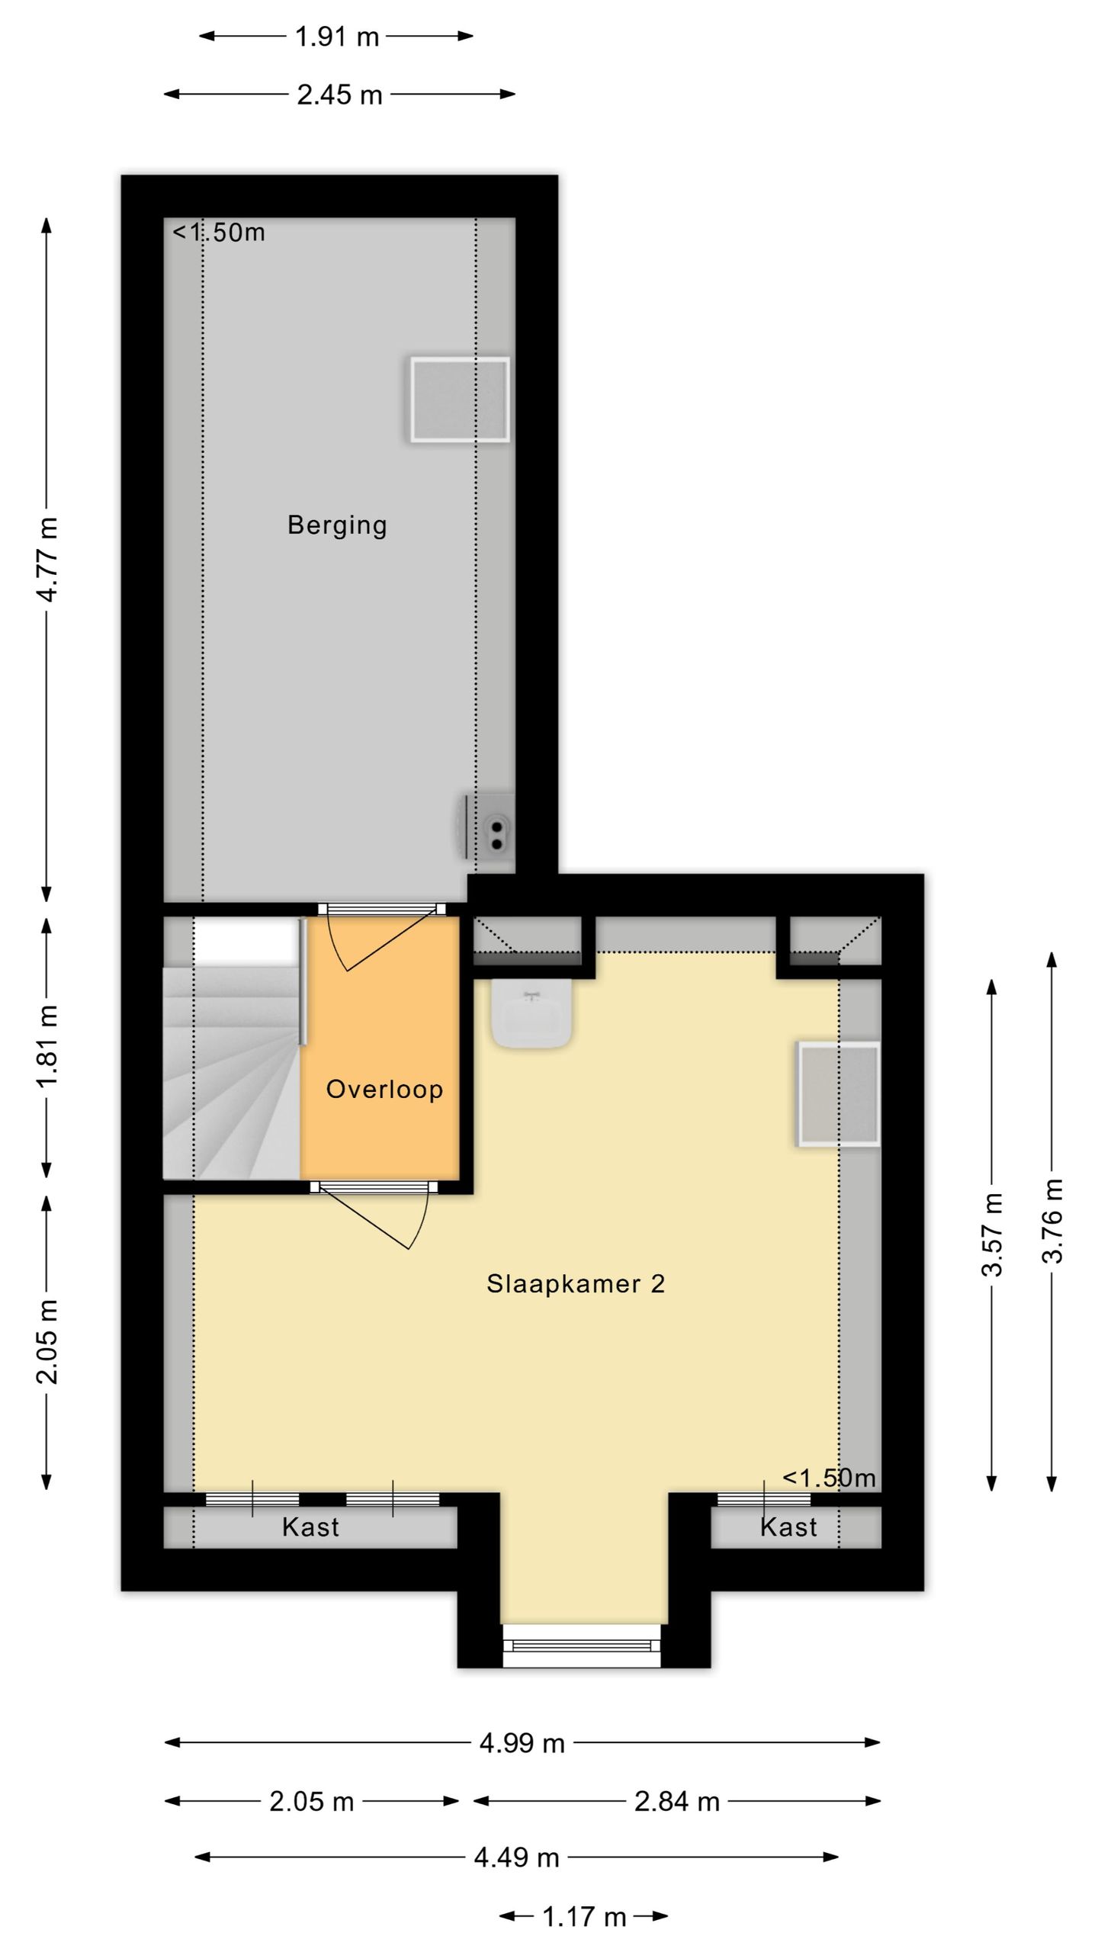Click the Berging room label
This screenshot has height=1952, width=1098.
click(x=337, y=525)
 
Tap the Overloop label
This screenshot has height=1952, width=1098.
click(x=384, y=1089)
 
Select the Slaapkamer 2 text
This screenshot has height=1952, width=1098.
click(x=576, y=1283)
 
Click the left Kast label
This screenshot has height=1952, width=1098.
click(x=310, y=1527)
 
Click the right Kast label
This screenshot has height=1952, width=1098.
click(x=788, y=1527)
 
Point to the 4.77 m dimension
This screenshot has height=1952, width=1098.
click(x=47, y=559)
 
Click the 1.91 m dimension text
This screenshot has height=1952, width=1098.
click(x=336, y=37)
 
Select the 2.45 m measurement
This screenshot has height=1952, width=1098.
click(x=339, y=95)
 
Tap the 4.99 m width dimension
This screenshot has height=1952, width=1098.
click(x=522, y=1743)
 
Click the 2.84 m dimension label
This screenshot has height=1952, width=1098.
click(x=676, y=1802)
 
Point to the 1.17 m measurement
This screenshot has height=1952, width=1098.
click(x=583, y=1917)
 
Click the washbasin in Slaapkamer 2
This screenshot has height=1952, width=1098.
click(x=531, y=1013)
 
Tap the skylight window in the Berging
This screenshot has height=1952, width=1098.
click(x=460, y=400)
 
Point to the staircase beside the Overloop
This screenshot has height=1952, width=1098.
click(x=229, y=1083)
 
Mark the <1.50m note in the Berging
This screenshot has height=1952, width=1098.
click(x=219, y=233)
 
